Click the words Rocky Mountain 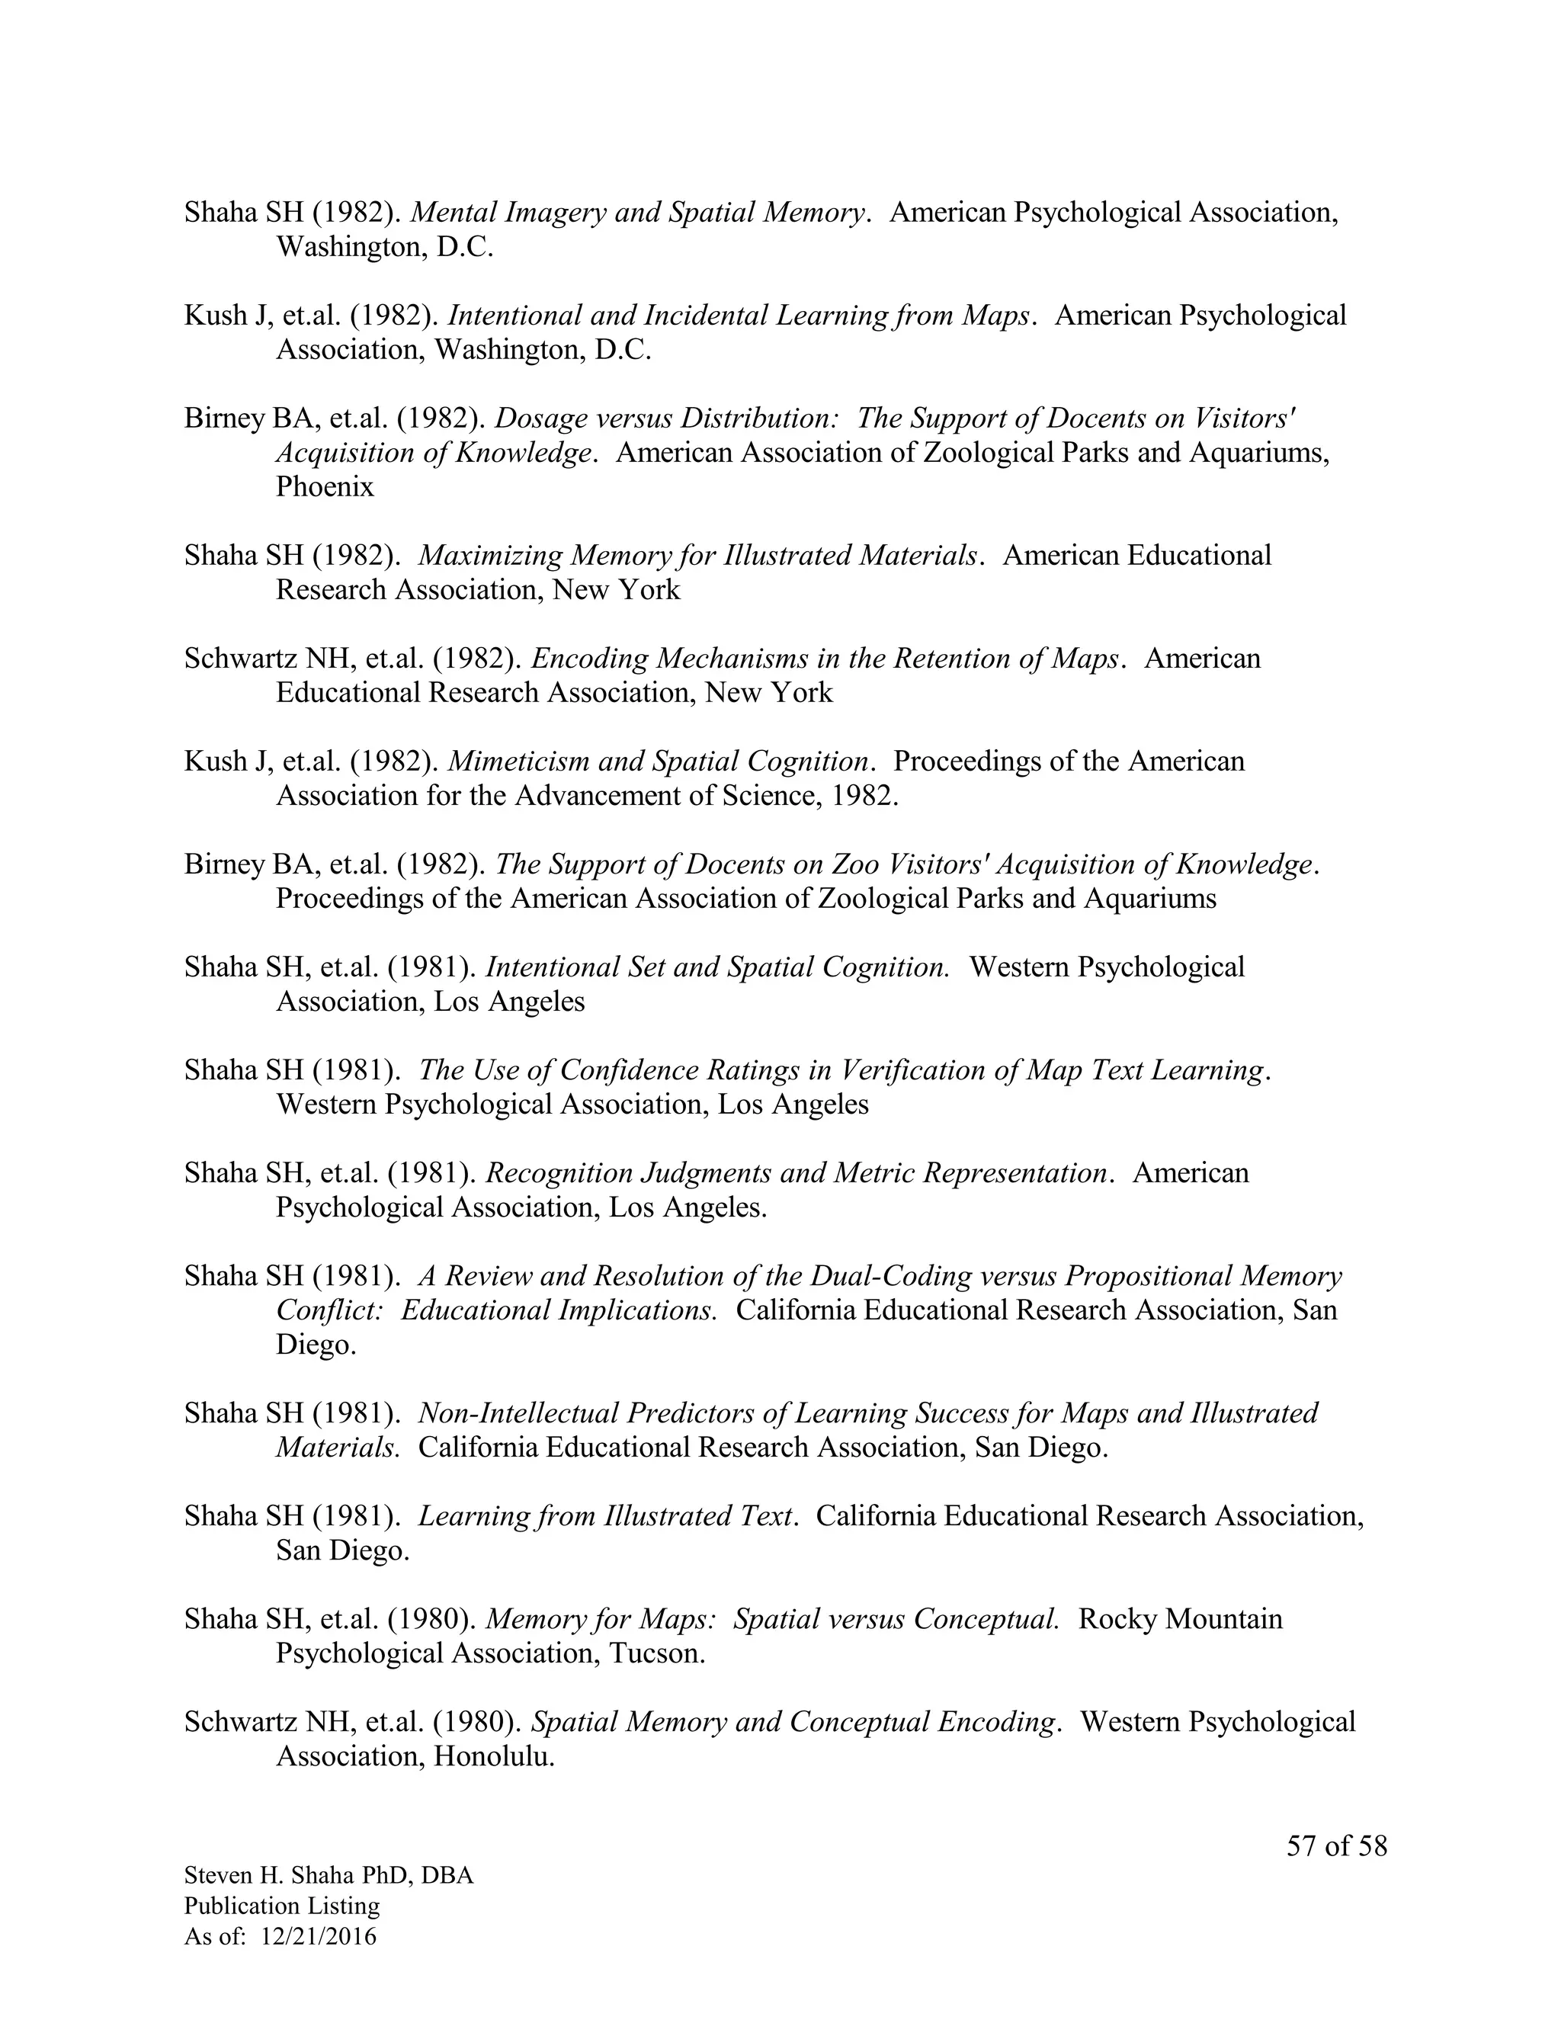(1181, 1618)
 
